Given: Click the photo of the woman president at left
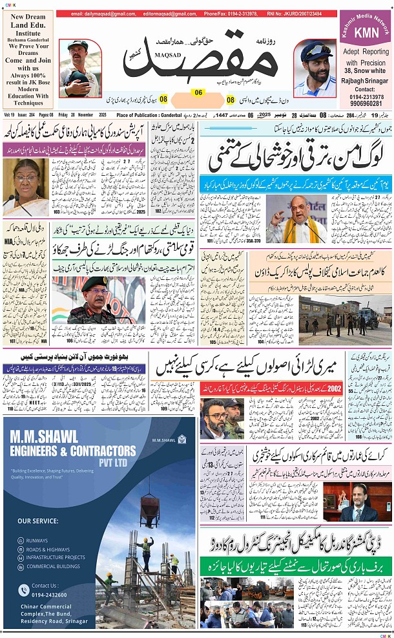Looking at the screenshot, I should point(26,187).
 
